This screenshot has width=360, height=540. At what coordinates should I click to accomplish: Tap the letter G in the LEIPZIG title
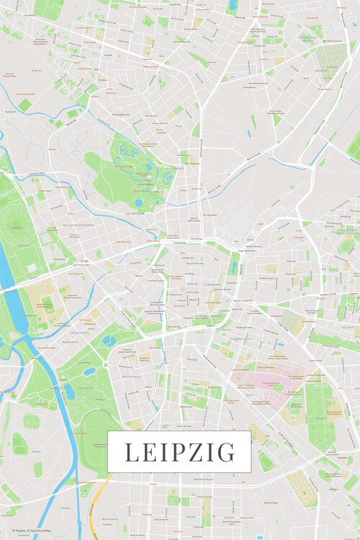coord(227,452)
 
